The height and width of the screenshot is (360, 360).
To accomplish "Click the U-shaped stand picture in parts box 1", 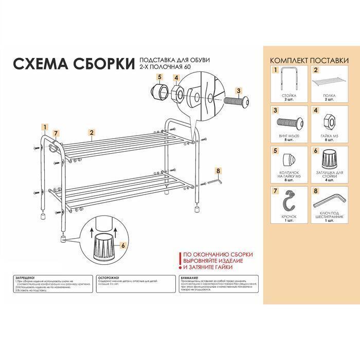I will pyautogui.click(x=289, y=81).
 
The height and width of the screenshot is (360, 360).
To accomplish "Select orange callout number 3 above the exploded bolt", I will pyautogui.click(x=238, y=91).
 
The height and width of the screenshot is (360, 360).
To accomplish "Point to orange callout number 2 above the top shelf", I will pyautogui.click(x=91, y=132).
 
